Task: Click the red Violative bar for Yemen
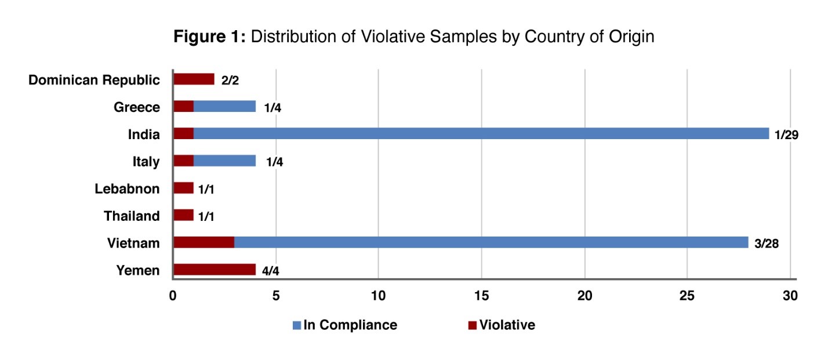pyautogui.click(x=214, y=270)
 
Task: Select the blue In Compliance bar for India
pyautogui.click(x=481, y=134)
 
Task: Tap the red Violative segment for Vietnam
pyautogui.click(x=204, y=242)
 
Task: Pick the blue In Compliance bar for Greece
pyautogui.click(x=224, y=107)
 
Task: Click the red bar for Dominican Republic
pyautogui.click(x=194, y=79)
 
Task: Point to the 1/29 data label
pyautogui.click(x=787, y=136)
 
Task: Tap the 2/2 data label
pyautogui.click(x=230, y=81)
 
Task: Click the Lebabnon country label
pyautogui.click(x=126, y=188)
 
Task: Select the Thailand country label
pyautogui.click(x=132, y=216)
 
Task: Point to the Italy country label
pyautogui.click(x=146, y=162)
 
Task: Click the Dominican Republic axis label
pyautogui.click(x=94, y=80)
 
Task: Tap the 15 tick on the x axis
pyautogui.click(x=481, y=296)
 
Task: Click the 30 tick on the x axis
pyautogui.click(x=790, y=296)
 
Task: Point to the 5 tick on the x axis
pyautogui.click(x=276, y=296)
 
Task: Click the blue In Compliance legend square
pyautogui.click(x=297, y=325)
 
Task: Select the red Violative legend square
pyautogui.click(x=473, y=325)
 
